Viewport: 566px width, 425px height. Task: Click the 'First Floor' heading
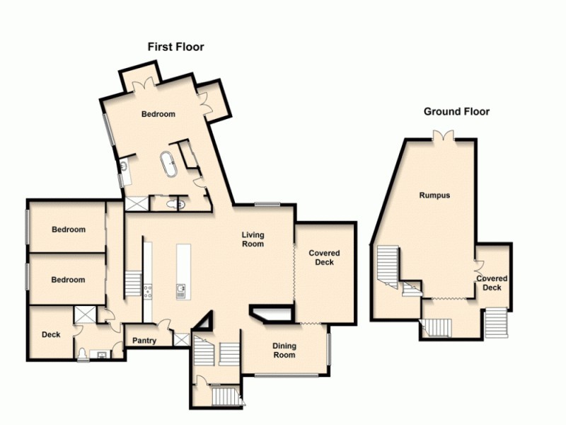tap(175, 47)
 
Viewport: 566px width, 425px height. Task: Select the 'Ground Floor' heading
tap(456, 111)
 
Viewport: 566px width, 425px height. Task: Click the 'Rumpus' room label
tap(434, 195)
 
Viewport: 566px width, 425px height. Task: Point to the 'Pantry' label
tap(144, 341)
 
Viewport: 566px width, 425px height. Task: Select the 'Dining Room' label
tap(284, 351)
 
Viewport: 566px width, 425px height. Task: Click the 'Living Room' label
tap(253, 239)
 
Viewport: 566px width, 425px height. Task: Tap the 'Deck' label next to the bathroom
tap(51, 334)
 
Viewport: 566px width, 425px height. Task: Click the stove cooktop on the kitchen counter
tap(148, 290)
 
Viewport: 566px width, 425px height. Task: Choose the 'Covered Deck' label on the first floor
tap(324, 257)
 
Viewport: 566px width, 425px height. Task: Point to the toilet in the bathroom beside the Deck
tap(84, 353)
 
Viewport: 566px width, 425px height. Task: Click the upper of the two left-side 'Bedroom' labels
tap(69, 229)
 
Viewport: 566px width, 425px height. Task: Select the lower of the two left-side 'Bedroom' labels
tap(69, 280)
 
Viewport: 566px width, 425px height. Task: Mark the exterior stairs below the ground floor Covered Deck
tap(497, 324)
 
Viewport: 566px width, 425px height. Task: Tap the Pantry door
tap(163, 327)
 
